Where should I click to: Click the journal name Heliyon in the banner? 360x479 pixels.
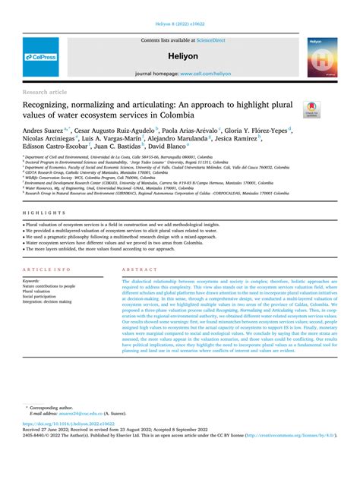[180, 57]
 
